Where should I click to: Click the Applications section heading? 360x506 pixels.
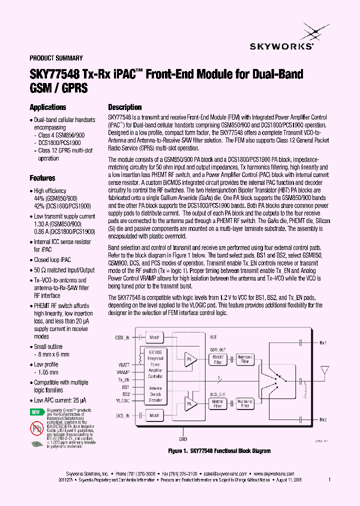pyautogui.click(x=47, y=107)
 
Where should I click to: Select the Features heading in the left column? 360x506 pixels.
pyautogui.click(x=42, y=178)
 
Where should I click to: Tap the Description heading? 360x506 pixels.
pyautogui.click(x=125, y=107)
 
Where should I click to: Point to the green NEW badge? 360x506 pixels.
pyautogui.click(x=35, y=412)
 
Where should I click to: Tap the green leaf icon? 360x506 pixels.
pyautogui.click(x=36, y=444)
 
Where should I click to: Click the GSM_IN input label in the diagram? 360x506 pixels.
pyautogui.click(x=122, y=337)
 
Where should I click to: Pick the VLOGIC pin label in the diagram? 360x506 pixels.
pyautogui.click(x=122, y=400)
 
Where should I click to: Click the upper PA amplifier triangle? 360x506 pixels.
pyautogui.click(x=189, y=358)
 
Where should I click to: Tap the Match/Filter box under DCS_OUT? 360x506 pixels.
pyautogui.click(x=218, y=403)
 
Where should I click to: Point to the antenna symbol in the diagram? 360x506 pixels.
pyautogui.click(x=326, y=370)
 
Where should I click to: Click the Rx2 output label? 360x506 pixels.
pyautogui.click(x=323, y=419)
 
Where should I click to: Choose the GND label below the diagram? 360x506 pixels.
pyautogui.click(x=183, y=439)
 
